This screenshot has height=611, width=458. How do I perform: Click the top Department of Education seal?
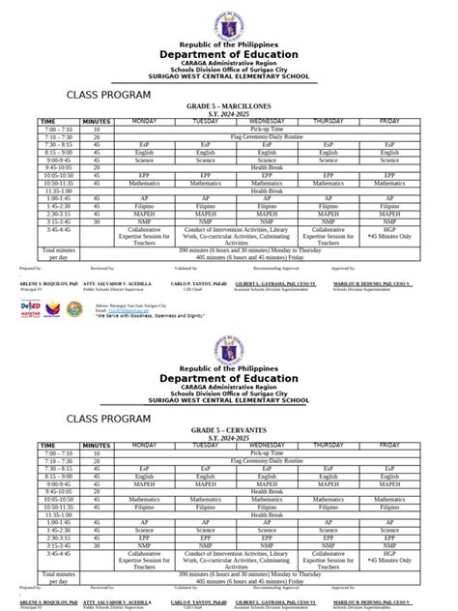[x=230, y=19]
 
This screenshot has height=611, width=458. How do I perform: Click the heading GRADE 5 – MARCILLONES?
[x=230, y=107]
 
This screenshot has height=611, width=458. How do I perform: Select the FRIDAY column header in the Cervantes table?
[x=389, y=445]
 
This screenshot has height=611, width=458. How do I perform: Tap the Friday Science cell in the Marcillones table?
[x=389, y=159]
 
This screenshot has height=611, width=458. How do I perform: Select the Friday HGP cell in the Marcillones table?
[x=389, y=229]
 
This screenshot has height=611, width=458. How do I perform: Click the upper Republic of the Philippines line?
[x=230, y=44]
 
